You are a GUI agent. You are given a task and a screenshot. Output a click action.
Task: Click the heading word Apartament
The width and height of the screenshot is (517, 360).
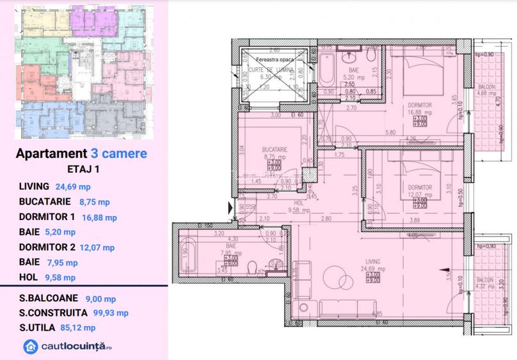(x=50, y=153)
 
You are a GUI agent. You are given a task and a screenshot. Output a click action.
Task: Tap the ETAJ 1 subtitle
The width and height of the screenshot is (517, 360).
(x=83, y=170)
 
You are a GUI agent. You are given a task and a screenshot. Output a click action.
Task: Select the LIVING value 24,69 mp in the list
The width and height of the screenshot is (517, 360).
(x=74, y=187)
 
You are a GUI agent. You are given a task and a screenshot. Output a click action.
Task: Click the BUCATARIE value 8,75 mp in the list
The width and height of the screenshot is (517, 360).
(x=94, y=202)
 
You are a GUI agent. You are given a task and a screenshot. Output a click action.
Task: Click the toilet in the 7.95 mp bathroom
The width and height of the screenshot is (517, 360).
(x=255, y=267)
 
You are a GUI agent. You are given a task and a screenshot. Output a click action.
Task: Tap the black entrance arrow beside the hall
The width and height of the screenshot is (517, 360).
(x=230, y=207)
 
